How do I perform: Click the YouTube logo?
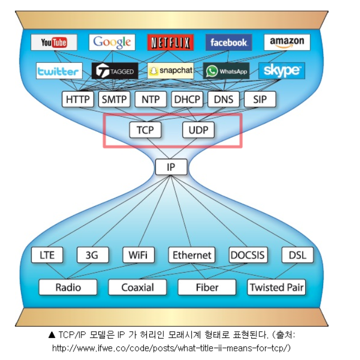pos(54,42)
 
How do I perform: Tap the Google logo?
pos(112,42)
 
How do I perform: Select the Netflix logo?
pos(170,42)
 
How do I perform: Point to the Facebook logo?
pos(229,42)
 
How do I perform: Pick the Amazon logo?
pos(287,42)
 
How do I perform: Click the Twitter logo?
pos(59,71)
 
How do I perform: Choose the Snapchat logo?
pos(170,71)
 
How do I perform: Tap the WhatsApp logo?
pos(227,71)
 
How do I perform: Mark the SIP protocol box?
pos(260,99)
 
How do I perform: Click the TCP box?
pos(145,130)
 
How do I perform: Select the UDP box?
pos(198,130)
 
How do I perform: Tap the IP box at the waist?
pos(171,167)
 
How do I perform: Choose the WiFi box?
pos(138,255)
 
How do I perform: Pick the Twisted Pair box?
pos(277,287)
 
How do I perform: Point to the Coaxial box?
pos(138,287)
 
